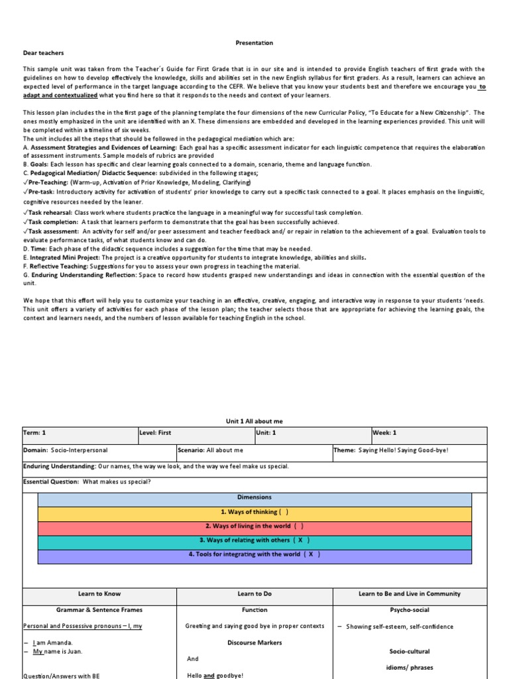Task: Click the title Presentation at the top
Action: pyautogui.click(x=254, y=43)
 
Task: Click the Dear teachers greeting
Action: pyautogui.click(x=44, y=53)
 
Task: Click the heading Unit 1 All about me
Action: pyautogui.click(x=254, y=421)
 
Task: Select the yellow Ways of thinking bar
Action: pyautogui.click(x=254, y=513)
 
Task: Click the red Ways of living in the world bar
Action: pyautogui.click(x=254, y=526)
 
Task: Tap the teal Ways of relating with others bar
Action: pyautogui.click(x=254, y=540)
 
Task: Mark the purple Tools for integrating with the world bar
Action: pyautogui.click(x=254, y=555)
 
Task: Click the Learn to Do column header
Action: pyautogui.click(x=254, y=594)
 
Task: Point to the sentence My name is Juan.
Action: pyautogui.click(x=52, y=652)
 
